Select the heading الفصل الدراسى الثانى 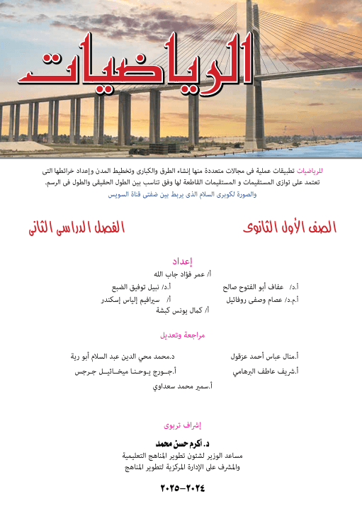click(x=77, y=228)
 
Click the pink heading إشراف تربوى click(x=183, y=426)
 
